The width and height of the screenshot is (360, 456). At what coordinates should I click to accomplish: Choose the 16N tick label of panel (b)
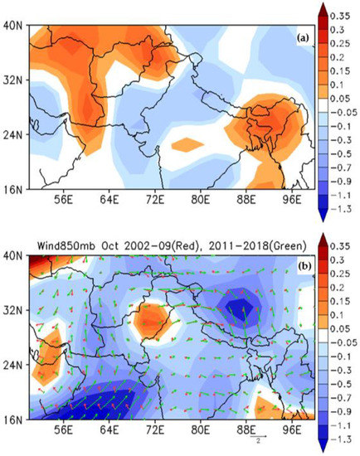coord(13,420)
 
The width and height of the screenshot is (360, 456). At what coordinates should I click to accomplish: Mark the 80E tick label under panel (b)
coord(198,432)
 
